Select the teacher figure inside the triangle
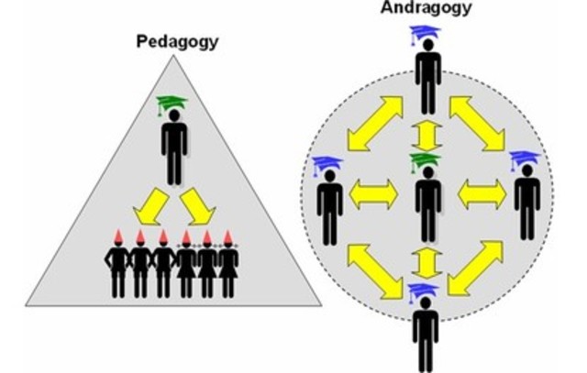(173, 147)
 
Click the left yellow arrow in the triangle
(149, 207)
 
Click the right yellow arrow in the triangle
(197, 207)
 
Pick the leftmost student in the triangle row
(117, 268)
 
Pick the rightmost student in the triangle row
(229, 268)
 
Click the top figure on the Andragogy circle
(427, 78)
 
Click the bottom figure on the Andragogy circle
(425, 335)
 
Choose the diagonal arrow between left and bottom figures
(374, 270)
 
